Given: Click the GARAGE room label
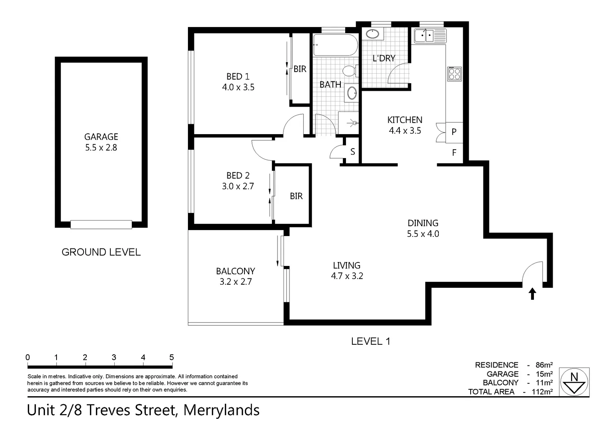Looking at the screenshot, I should pyautogui.click(x=101, y=137).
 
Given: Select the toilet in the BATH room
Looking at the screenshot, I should pyautogui.click(x=349, y=71).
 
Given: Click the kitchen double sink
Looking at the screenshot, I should pyautogui.click(x=430, y=36).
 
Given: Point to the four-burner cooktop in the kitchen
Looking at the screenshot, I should pyautogui.click(x=454, y=74).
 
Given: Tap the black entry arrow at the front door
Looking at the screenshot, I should pyautogui.click(x=532, y=294).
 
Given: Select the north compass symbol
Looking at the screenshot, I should pyautogui.click(x=574, y=382).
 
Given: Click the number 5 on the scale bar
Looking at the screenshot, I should pyautogui.click(x=172, y=357).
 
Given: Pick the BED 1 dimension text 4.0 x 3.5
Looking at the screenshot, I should pyautogui.click(x=238, y=87).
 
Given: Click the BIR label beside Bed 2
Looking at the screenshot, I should pyautogui.click(x=296, y=196).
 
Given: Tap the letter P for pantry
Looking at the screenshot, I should pyautogui.click(x=454, y=132).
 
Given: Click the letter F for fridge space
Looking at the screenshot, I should pyautogui.click(x=454, y=152).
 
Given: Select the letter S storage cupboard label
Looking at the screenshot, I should pyautogui.click(x=352, y=152).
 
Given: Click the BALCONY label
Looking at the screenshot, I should pyautogui.click(x=235, y=271).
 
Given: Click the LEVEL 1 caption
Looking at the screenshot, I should pyautogui.click(x=370, y=341).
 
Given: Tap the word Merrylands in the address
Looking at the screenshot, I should pyautogui.click(x=221, y=410).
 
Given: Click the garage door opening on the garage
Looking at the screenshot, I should pyautogui.click(x=101, y=225).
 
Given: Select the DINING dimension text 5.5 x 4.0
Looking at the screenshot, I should pyautogui.click(x=423, y=234).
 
